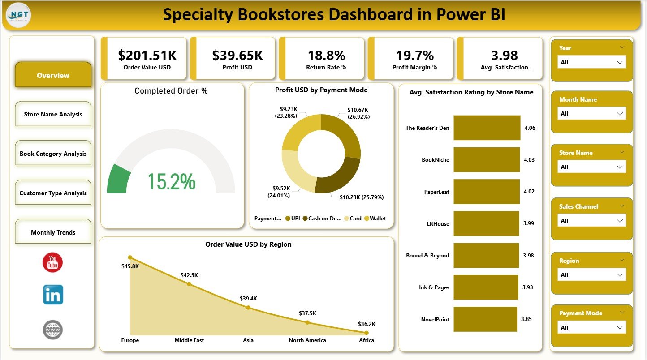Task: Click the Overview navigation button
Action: (x=53, y=75)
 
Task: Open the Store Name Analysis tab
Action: (x=53, y=114)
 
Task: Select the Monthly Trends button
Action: (x=53, y=232)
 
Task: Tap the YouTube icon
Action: (x=52, y=262)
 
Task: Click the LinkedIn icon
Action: (x=53, y=295)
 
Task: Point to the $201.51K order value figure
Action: (x=147, y=56)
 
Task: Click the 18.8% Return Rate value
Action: (x=326, y=56)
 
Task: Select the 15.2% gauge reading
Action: (x=171, y=182)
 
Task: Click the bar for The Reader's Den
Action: (x=487, y=128)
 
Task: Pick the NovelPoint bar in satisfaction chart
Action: (x=485, y=319)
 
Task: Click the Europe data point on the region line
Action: (x=130, y=257)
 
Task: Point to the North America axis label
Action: (x=307, y=340)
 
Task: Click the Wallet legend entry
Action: (x=375, y=219)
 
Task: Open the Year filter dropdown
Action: (x=591, y=62)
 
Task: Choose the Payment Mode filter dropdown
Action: (x=591, y=328)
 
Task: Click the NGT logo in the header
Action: (x=18, y=15)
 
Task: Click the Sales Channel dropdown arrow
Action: (x=620, y=221)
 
